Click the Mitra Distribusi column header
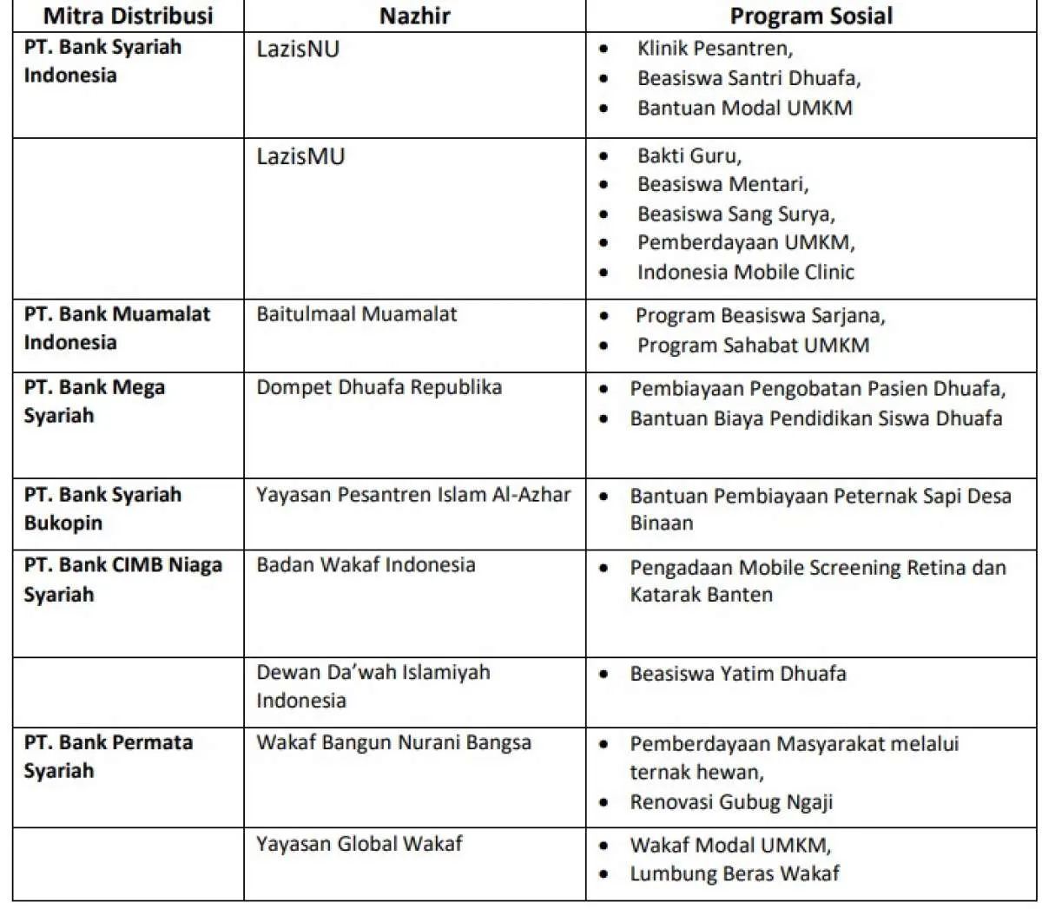(x=128, y=16)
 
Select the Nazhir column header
(x=414, y=16)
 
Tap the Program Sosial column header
(x=810, y=16)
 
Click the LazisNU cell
(x=298, y=49)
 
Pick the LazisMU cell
(x=300, y=156)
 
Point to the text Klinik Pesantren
(x=714, y=49)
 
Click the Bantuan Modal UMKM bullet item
(x=744, y=108)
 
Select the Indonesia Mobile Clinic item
(x=745, y=272)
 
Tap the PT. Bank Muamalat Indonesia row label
(x=116, y=327)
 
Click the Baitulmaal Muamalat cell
(x=356, y=313)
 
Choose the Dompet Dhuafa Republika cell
(x=379, y=386)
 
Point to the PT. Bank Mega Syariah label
(x=94, y=400)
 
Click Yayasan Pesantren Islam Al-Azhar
(x=413, y=495)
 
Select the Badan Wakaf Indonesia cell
(x=366, y=564)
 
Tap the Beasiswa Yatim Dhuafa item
(x=737, y=673)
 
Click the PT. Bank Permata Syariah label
(x=108, y=755)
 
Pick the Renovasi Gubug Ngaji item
(x=730, y=801)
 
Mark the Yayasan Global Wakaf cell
(x=359, y=843)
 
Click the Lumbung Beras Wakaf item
(x=734, y=873)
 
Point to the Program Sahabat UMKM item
(x=752, y=345)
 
